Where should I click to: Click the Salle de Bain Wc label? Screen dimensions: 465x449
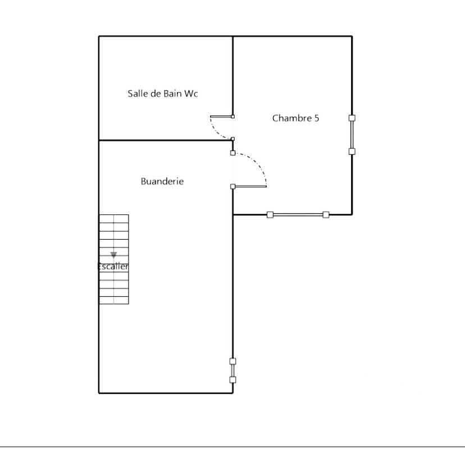(162, 94)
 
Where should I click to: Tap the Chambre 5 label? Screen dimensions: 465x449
(295, 118)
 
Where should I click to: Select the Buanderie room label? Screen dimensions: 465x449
(162, 181)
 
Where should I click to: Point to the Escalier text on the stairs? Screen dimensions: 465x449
(113, 267)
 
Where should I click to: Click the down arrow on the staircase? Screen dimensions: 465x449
(113, 255)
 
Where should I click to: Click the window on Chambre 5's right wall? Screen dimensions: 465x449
(352, 135)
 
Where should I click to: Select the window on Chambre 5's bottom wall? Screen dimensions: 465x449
(298, 214)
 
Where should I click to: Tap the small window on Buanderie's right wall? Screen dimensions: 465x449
(233, 370)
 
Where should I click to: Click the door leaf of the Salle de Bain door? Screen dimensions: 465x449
(221, 117)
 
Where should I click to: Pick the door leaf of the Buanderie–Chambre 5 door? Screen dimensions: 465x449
(250, 186)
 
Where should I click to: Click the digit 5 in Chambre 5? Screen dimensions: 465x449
(316, 118)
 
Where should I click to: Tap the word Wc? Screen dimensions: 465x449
(191, 94)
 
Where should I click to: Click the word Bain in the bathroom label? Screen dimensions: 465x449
(172, 94)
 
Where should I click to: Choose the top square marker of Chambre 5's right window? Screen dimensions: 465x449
(352, 118)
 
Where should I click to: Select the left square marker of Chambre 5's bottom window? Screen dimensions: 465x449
(270, 214)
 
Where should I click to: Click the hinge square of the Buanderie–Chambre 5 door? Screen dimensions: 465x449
(233, 186)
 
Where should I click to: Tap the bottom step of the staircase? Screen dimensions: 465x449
(113, 300)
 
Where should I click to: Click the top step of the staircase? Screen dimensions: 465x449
(113, 219)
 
